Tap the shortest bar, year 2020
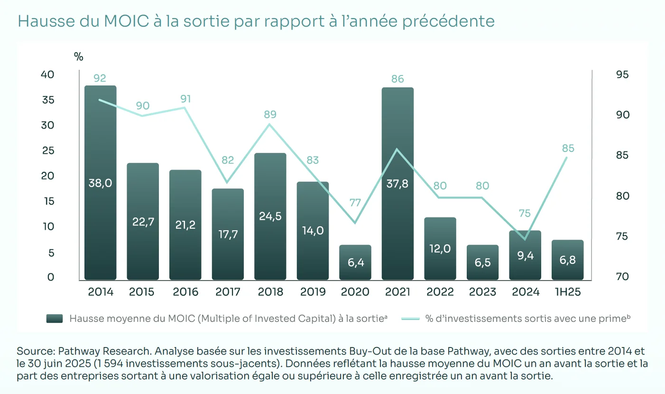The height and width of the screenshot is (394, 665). click(355, 262)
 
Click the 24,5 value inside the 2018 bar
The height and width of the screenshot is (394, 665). click(270, 216)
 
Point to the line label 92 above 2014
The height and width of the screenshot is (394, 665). click(100, 78)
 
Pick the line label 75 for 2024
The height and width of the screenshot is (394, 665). click(525, 214)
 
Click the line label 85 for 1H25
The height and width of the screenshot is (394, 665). click(568, 149)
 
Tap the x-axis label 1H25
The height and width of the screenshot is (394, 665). click(567, 292)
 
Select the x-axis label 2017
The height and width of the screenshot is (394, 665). click(228, 292)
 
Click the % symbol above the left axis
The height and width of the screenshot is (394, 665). click(79, 57)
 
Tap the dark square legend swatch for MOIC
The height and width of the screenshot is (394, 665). click(54, 319)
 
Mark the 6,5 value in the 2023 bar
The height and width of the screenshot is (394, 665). click(482, 263)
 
